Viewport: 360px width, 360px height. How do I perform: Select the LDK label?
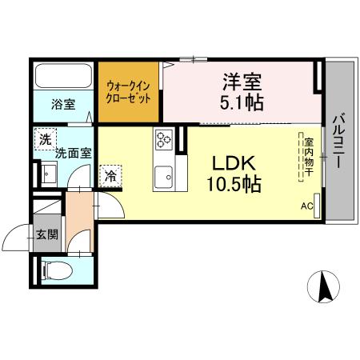233,162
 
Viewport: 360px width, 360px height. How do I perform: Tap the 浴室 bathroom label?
63,104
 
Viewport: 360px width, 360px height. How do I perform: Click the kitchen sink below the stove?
166,174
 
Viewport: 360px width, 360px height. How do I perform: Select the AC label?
306,205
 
